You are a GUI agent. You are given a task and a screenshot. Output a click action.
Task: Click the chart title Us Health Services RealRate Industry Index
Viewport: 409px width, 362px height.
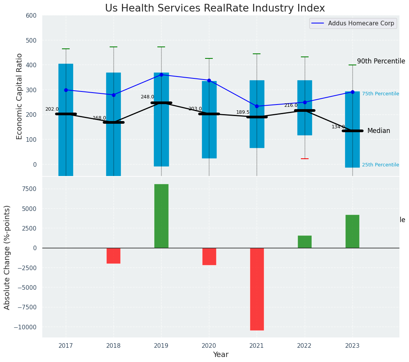[x=215, y=8]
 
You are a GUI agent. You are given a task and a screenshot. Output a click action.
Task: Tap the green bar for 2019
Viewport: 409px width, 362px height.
[x=161, y=216]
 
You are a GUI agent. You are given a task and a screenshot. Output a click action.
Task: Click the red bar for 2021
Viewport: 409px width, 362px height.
[x=257, y=289]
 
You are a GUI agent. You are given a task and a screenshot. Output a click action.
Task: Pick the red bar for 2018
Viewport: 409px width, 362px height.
[x=114, y=256]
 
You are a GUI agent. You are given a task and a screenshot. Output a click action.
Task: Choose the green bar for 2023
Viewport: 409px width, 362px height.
[x=352, y=231]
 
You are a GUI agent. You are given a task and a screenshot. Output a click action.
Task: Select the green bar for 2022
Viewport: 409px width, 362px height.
[x=304, y=242]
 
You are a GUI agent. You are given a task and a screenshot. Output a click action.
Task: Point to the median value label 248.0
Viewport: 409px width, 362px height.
[x=147, y=97]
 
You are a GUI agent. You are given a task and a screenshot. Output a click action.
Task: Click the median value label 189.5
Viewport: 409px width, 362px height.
[x=243, y=113]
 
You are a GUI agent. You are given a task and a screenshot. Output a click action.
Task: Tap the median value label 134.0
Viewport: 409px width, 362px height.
[x=338, y=127]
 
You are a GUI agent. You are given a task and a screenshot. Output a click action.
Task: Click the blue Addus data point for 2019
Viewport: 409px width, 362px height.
[x=161, y=75]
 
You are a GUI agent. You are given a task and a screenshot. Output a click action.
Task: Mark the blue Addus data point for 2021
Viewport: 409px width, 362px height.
[x=257, y=106]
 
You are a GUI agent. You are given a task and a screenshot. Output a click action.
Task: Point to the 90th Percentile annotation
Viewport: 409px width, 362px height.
[x=381, y=61]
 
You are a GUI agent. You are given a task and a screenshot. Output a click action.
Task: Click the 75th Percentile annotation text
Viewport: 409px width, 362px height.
[x=380, y=94]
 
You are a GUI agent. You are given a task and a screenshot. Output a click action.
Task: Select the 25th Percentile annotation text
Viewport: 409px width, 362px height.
[x=380, y=165]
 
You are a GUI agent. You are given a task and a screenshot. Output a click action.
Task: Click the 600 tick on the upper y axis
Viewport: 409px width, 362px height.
[x=31, y=16]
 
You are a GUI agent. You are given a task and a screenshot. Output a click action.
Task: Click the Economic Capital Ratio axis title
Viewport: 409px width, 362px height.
[x=20, y=96]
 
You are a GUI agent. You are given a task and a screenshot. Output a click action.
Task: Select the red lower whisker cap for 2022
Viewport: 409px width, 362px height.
[x=304, y=159]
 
